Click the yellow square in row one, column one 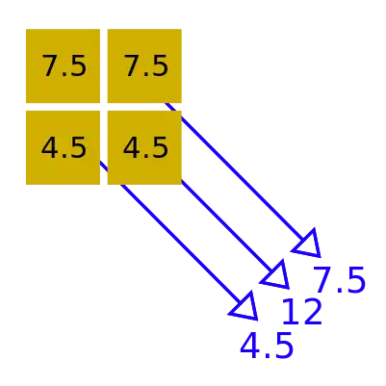(x=63, y=65)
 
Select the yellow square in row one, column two (x=144, y=65)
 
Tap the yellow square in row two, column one (x=63, y=147)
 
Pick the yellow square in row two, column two (x=144, y=147)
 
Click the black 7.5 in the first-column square (x=64, y=65)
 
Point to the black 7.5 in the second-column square (x=146, y=65)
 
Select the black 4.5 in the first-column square (x=64, y=147)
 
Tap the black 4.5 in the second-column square (x=145, y=147)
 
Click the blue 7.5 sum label (x=340, y=280)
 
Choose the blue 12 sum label (x=302, y=311)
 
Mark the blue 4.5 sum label (x=267, y=346)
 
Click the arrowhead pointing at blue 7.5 (x=309, y=244)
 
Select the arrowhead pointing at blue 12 (x=277, y=276)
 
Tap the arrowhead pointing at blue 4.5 (x=245, y=307)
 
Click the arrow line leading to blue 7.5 (x=235, y=173)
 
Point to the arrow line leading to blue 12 (x=227, y=228)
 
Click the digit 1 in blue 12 (x=291, y=311)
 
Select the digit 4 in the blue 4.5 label (x=249, y=346)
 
